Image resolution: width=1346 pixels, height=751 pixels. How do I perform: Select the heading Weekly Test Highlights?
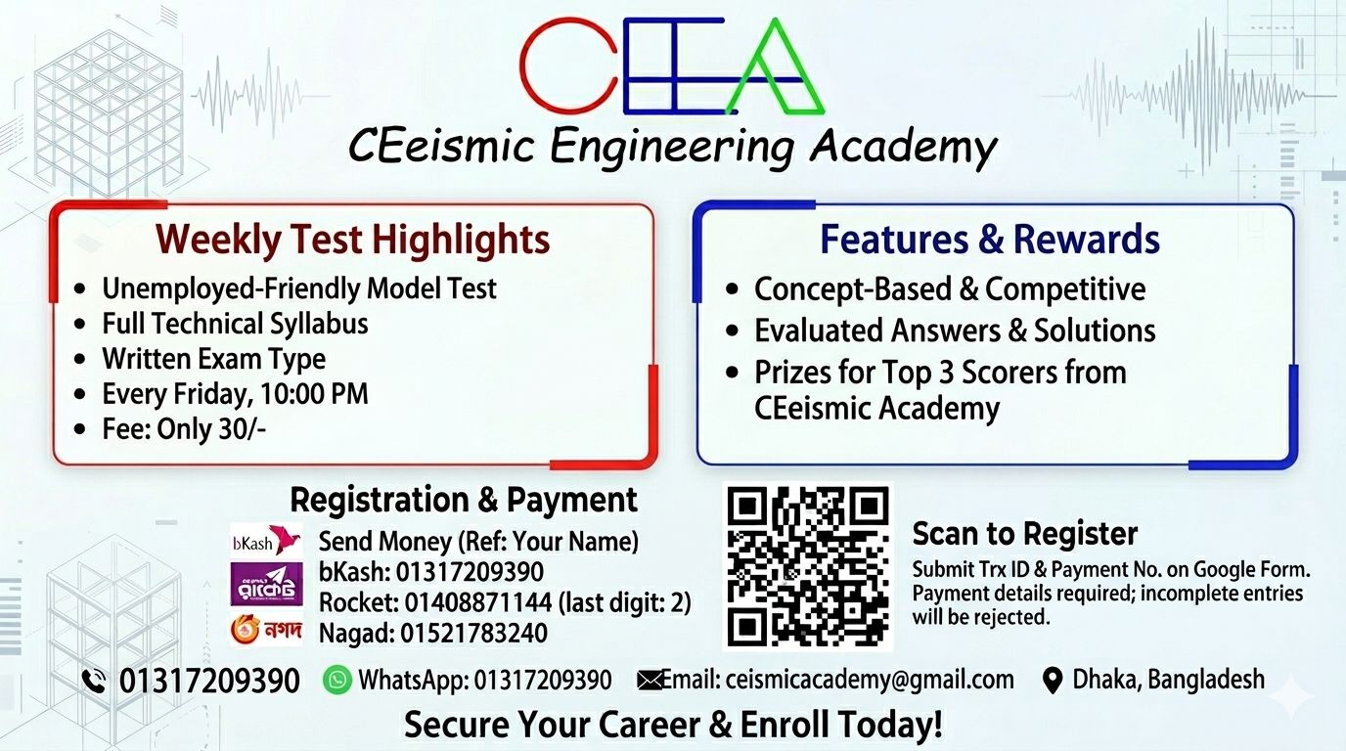click(x=353, y=240)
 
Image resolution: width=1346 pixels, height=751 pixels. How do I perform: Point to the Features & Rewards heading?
click(x=990, y=240)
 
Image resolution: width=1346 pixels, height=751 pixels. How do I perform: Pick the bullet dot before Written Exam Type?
click(x=80, y=360)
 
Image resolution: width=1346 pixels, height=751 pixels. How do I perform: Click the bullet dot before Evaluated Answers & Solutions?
click(x=732, y=331)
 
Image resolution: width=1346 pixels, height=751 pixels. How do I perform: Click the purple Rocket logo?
click(x=267, y=584)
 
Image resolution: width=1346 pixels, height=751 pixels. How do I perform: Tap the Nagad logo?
click(x=267, y=629)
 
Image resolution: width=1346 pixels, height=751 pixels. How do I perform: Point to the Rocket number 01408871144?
click(x=477, y=602)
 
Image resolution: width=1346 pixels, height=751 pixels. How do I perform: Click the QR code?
click(x=808, y=566)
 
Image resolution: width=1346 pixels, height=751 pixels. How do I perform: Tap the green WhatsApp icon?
click(x=337, y=681)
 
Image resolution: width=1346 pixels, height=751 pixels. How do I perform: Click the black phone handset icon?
click(x=94, y=682)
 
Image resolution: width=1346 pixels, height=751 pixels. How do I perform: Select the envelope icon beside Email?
click(x=649, y=681)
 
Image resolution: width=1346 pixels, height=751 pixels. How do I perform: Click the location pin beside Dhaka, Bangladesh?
click(x=1053, y=682)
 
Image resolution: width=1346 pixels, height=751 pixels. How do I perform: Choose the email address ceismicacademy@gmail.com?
click(x=870, y=681)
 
